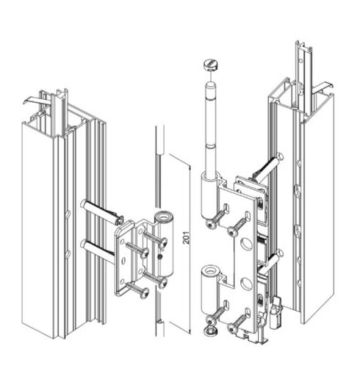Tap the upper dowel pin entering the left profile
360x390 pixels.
[99, 212]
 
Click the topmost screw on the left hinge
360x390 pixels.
[156, 236]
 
